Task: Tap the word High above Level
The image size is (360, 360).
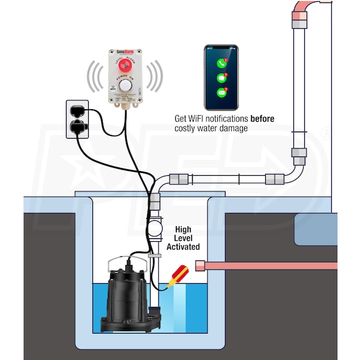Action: coord(183,230)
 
